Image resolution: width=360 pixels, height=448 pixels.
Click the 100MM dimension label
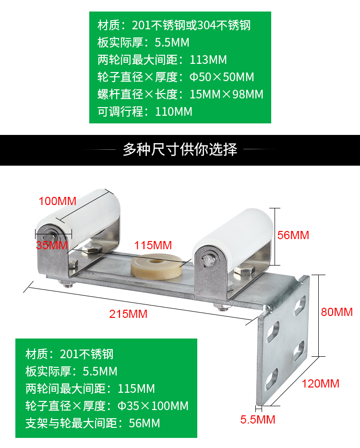[57, 201]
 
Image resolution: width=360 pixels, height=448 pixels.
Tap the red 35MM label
[51, 245]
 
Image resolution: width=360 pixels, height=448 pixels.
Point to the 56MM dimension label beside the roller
[293, 235]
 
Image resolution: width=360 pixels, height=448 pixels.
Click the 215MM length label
[128, 314]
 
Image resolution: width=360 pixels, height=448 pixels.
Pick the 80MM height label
[336, 312]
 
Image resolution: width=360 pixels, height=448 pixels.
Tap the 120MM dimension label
[320, 384]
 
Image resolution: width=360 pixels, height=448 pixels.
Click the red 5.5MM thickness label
[258, 420]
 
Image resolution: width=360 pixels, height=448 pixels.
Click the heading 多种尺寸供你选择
[180, 150]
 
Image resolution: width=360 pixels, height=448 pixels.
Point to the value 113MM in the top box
[208, 60]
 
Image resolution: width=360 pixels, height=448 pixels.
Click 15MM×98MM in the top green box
[226, 95]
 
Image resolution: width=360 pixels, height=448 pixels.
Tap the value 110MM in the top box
[174, 112]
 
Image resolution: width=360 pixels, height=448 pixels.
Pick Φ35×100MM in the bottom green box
[153, 406]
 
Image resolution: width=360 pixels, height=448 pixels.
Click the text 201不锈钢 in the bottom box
[87, 354]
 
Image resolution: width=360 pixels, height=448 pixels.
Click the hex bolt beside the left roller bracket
[93, 249]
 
